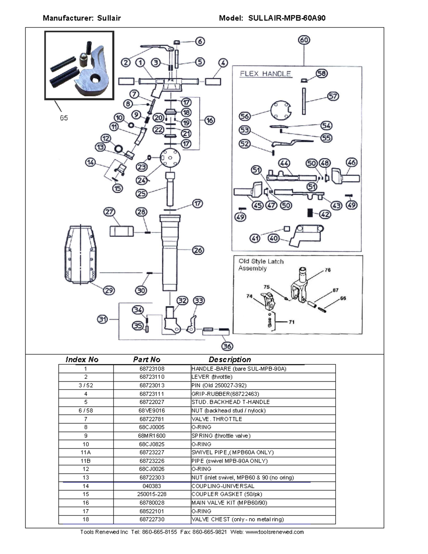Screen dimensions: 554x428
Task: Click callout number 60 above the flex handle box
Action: [304, 40]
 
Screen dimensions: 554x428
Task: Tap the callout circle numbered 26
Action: [198, 250]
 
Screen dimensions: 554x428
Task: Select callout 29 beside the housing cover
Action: [109, 290]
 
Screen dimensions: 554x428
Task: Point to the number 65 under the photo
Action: [64, 118]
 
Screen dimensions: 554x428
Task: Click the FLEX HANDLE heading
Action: [265, 74]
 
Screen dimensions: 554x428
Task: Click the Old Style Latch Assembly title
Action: [261, 265]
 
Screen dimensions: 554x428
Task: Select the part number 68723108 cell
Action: [152, 369]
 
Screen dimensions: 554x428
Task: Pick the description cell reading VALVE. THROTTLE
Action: [217, 419]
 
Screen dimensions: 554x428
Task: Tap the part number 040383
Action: [152, 486]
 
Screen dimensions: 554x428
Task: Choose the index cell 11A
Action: [86, 452]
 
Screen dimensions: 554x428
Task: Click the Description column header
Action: [230, 360]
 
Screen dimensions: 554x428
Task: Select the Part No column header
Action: [147, 360]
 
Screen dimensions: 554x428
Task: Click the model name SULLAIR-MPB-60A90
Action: [287, 18]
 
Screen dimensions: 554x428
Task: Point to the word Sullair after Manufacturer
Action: [109, 18]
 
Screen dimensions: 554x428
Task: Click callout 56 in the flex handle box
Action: [245, 116]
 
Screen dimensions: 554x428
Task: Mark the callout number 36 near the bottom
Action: [227, 346]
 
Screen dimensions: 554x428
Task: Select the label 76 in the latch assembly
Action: [327, 270]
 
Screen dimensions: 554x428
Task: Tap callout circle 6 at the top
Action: [200, 41]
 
